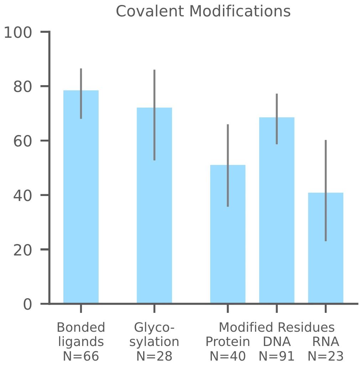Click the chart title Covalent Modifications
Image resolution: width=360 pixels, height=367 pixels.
click(203, 11)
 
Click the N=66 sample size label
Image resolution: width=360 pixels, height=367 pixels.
click(81, 356)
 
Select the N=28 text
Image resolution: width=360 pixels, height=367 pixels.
click(154, 356)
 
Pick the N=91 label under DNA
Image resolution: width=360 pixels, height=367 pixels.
click(277, 356)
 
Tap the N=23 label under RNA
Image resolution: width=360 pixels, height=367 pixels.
click(325, 356)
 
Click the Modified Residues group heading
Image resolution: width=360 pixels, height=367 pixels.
click(277, 327)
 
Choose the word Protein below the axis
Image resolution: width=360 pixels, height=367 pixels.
click(228, 342)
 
